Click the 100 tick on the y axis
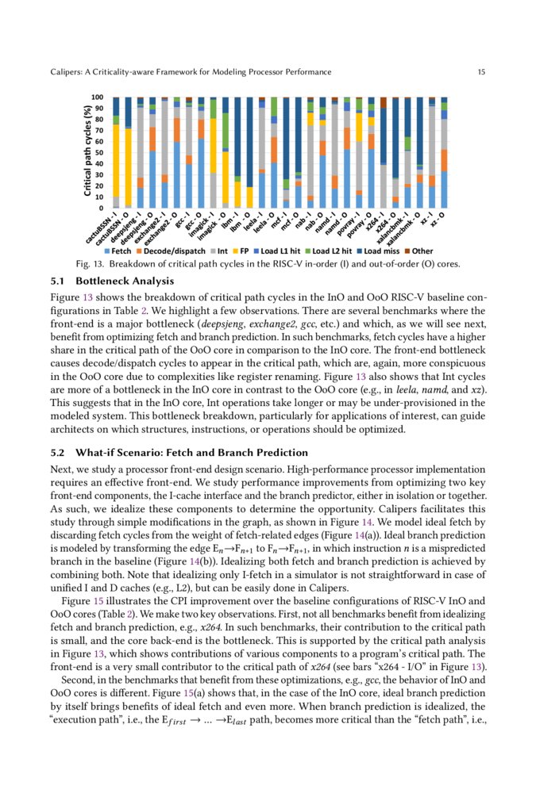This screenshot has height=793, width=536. (x=99, y=97)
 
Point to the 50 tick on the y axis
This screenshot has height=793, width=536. (x=101, y=152)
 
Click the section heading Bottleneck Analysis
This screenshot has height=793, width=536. (x=121, y=281)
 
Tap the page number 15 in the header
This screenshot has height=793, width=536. (x=481, y=72)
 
